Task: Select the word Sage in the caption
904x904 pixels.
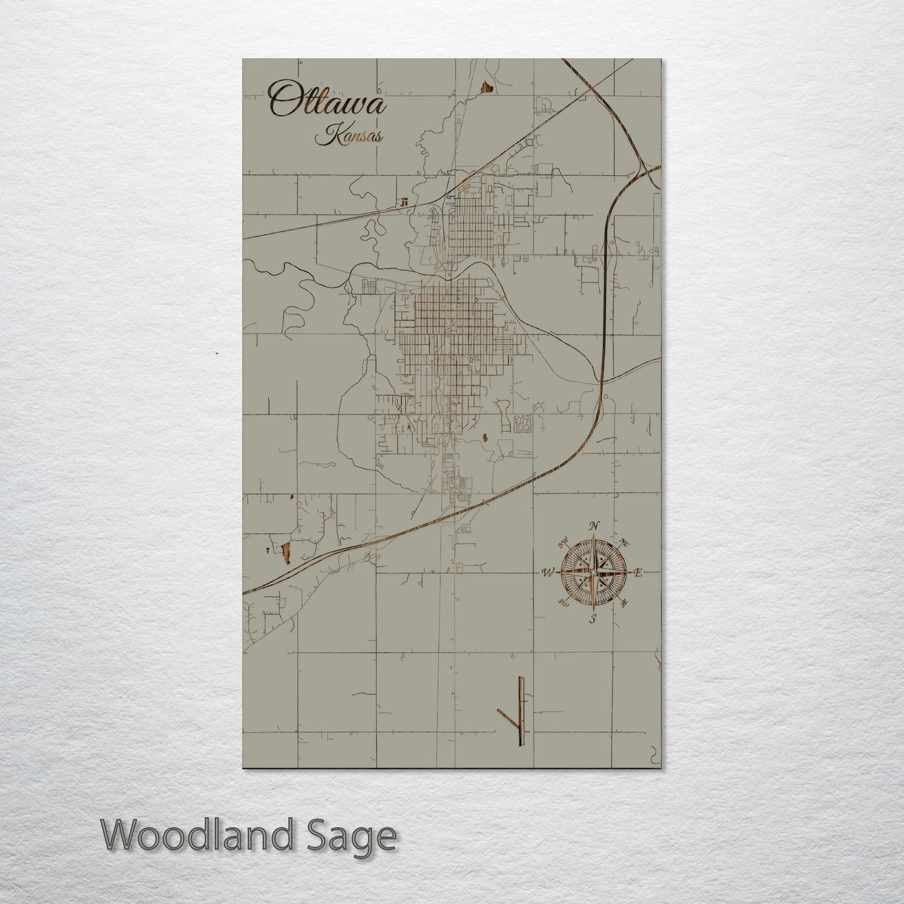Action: click(355, 836)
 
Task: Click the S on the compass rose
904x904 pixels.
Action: click(592, 619)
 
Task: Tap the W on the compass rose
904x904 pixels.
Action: click(547, 572)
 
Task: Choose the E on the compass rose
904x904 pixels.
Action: click(638, 572)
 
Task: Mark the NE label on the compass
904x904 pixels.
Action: click(624, 542)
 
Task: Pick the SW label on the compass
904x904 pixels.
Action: click(563, 603)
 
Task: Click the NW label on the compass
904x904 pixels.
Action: click(563, 541)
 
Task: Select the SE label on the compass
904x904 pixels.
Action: click(624, 603)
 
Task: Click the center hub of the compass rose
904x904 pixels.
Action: click(593, 572)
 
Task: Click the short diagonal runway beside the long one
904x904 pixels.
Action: click(507, 719)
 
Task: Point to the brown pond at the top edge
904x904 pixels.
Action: click(487, 87)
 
